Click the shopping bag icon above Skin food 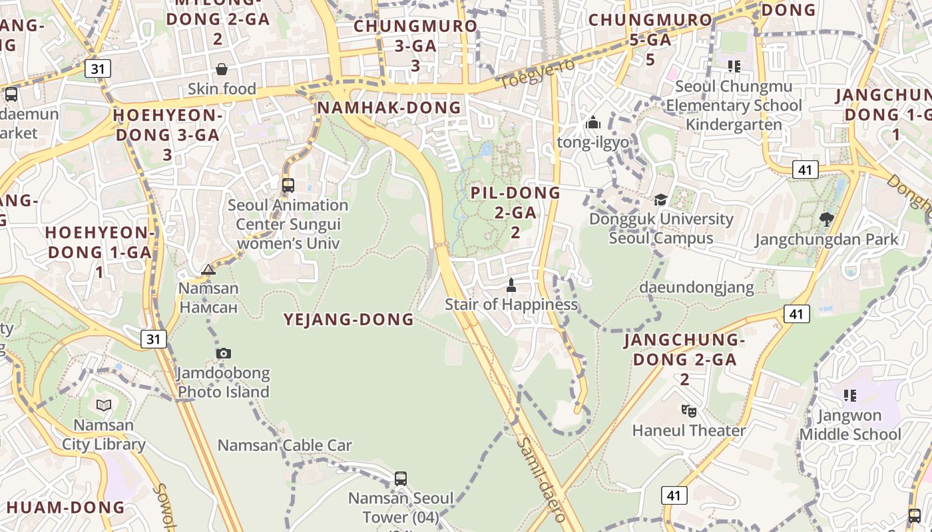click(222, 69)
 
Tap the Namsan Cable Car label click(285, 445)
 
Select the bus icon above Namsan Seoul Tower click(400, 478)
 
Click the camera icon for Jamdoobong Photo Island click(223, 353)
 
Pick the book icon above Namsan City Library click(104, 405)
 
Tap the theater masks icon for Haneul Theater click(688, 410)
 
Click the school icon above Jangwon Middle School click(849, 396)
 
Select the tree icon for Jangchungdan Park click(826, 219)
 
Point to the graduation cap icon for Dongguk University click(660, 199)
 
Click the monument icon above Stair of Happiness click(511, 285)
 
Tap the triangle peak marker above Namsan click(208, 269)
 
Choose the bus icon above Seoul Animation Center click(288, 186)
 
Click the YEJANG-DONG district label click(349, 320)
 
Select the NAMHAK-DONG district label click(389, 108)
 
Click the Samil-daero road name click(541, 478)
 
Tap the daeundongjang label click(696, 287)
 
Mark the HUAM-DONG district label click(65, 507)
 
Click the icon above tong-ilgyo click(592, 123)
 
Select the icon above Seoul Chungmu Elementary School click(734, 66)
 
